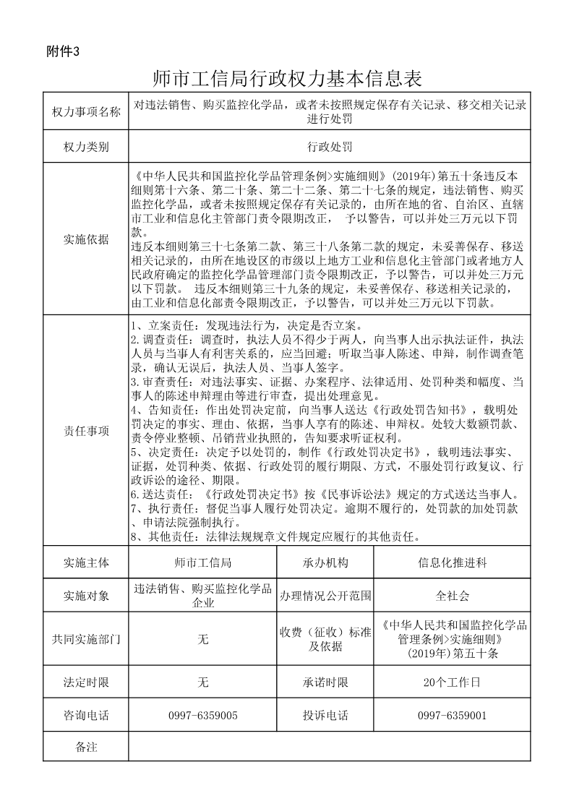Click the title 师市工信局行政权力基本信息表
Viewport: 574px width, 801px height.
pos(287,77)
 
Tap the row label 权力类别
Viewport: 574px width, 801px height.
pos(86,147)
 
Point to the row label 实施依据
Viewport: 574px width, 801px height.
pos(86,240)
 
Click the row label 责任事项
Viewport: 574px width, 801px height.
pos(86,431)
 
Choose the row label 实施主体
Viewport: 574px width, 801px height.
pos(86,562)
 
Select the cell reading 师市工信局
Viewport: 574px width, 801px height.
pos(203,562)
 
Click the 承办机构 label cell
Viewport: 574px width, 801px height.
pos(325,562)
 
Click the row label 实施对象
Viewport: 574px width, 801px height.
pos(86,596)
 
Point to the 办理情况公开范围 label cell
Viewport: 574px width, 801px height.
pos(325,596)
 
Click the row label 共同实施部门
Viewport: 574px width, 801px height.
pos(86,639)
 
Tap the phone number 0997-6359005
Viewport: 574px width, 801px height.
pos(203,716)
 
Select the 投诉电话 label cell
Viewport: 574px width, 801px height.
pos(325,716)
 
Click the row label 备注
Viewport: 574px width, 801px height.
pos(86,747)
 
